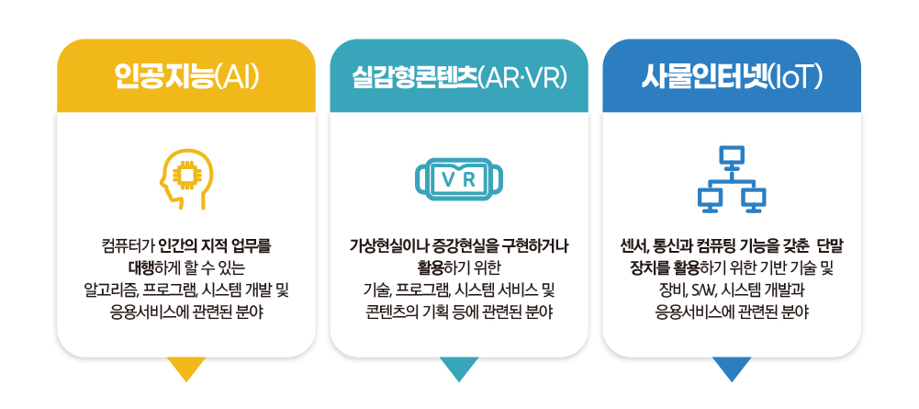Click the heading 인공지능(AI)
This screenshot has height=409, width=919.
click(x=185, y=76)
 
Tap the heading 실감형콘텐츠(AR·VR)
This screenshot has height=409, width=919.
click(x=458, y=76)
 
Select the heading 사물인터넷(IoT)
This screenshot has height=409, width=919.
click(x=731, y=76)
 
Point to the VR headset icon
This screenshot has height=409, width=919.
click(x=458, y=179)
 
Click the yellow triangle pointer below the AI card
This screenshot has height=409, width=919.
click(x=186, y=369)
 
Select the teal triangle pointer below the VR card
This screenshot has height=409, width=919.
click(x=459, y=369)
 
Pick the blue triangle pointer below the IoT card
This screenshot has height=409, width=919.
click(x=732, y=369)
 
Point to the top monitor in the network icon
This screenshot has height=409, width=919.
click(x=732, y=156)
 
